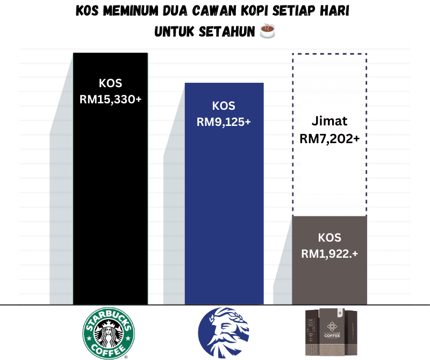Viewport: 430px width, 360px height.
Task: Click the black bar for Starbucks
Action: tap(110, 204)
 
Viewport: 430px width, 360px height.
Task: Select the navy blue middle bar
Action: tap(224, 215)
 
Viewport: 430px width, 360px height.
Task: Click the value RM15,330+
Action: tap(110, 99)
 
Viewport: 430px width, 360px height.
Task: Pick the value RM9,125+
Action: tap(224, 122)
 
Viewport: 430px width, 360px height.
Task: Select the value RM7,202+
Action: tap(329, 138)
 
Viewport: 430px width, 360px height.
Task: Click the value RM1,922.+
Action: tap(329, 253)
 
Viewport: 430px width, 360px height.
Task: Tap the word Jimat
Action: tap(329, 121)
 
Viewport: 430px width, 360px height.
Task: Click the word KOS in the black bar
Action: tap(110, 83)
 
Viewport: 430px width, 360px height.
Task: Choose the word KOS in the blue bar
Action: tap(224, 106)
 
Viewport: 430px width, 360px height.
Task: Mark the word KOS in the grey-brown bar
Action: tap(329, 237)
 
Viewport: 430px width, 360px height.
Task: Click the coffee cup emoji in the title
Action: tap(267, 32)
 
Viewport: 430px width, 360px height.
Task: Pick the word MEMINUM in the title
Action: tap(123, 12)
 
